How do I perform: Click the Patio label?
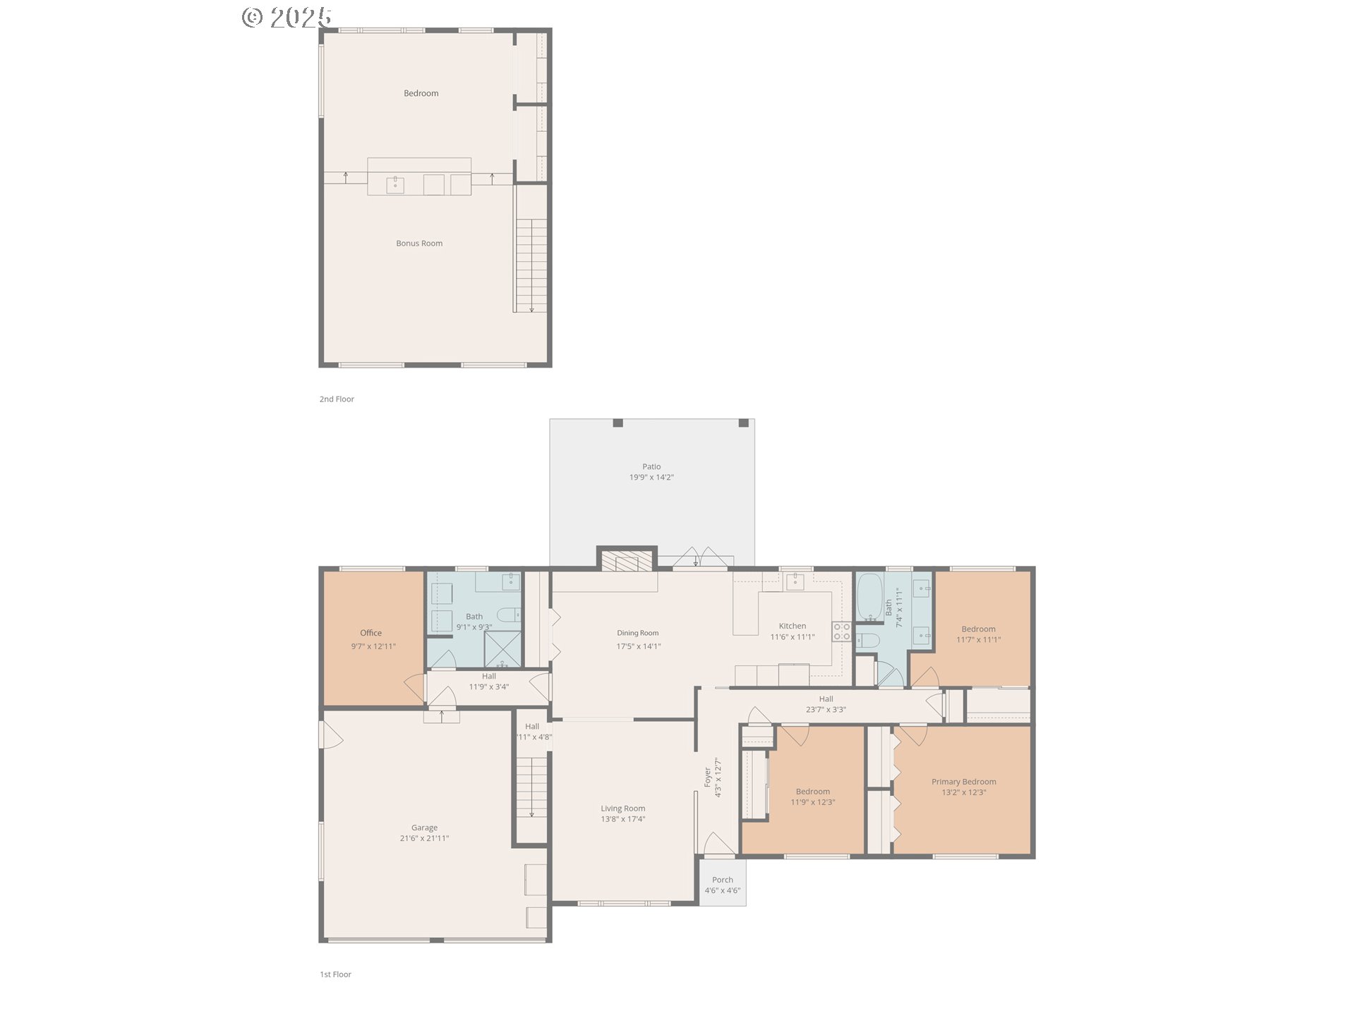(x=651, y=466)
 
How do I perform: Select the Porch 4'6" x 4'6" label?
(x=722, y=885)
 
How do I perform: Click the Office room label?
(x=371, y=633)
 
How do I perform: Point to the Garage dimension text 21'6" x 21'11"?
(x=424, y=838)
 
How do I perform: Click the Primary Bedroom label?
(x=963, y=781)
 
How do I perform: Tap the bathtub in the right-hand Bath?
(x=869, y=597)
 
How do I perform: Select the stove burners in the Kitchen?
(x=841, y=631)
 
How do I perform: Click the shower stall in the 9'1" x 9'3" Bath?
(x=502, y=648)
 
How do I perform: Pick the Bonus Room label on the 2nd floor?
(x=419, y=243)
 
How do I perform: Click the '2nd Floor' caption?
(x=337, y=399)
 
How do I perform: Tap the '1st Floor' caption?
(x=335, y=974)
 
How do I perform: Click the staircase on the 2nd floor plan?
(x=531, y=265)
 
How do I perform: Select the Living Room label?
(x=622, y=809)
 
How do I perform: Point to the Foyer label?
(x=707, y=777)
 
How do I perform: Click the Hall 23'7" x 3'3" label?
(x=826, y=704)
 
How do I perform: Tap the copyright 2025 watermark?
(x=287, y=17)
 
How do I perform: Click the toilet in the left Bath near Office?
(x=509, y=614)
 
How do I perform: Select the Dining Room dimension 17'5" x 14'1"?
(x=638, y=646)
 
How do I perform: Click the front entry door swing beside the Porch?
(x=718, y=844)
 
